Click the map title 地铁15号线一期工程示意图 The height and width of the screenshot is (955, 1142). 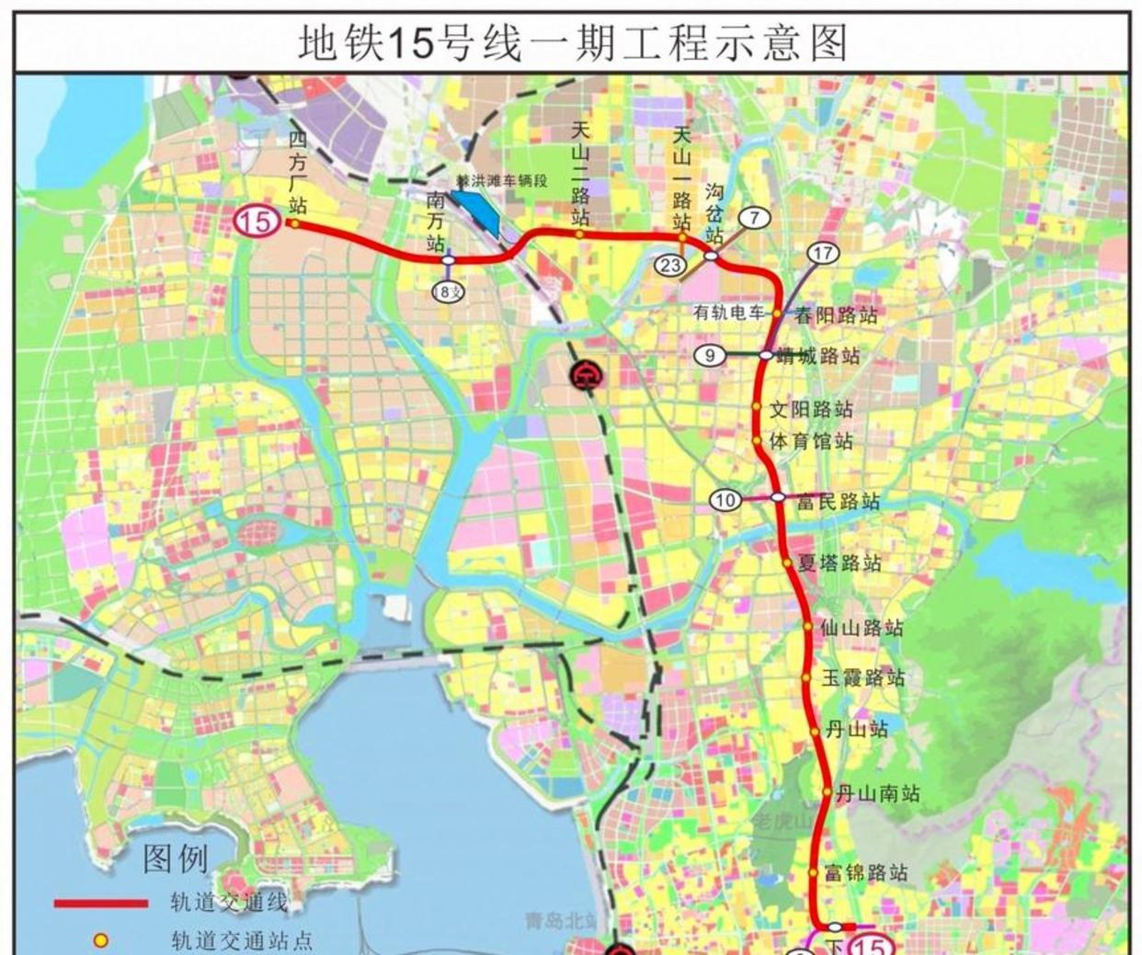[x=571, y=42]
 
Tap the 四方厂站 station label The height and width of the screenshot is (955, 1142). [x=296, y=172]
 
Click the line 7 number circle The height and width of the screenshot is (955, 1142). [x=754, y=218]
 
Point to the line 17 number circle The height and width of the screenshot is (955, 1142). [x=823, y=253]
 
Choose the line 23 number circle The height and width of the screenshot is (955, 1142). [x=670, y=266]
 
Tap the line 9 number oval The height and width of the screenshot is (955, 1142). [x=710, y=355]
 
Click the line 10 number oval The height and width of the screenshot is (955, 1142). [x=725, y=500]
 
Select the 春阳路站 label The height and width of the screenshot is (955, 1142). [x=836, y=316]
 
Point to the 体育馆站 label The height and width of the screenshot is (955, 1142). [x=811, y=441]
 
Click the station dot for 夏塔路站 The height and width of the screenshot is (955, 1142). [x=787, y=562]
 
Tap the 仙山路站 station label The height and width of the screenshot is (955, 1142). [x=862, y=629]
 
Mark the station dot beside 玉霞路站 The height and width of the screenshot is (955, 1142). [x=805, y=678]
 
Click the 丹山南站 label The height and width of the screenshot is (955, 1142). [x=876, y=793]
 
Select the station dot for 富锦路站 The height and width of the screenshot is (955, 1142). [x=814, y=872]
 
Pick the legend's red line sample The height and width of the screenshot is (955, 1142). [x=101, y=904]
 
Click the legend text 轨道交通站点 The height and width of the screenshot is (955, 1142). [x=242, y=940]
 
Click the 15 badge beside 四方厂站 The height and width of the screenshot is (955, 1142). [x=257, y=222]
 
